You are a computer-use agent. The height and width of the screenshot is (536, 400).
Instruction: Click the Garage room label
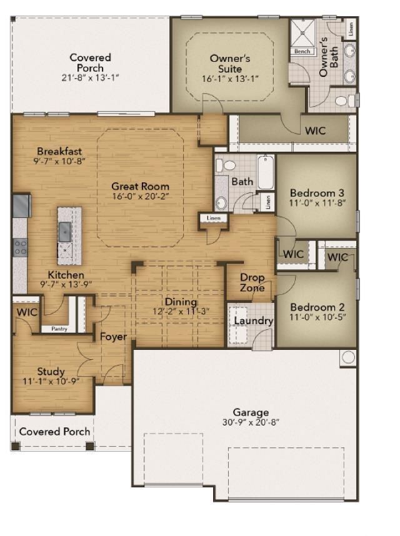click(251, 412)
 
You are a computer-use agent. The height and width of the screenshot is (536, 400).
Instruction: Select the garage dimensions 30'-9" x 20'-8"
click(251, 422)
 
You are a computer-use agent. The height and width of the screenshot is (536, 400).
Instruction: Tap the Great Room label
click(140, 186)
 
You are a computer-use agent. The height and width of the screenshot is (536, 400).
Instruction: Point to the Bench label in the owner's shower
click(302, 51)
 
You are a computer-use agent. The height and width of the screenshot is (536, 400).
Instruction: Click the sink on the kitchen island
click(65, 232)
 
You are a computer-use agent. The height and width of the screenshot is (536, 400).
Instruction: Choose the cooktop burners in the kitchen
click(21, 247)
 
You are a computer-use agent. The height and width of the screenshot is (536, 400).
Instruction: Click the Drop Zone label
click(252, 282)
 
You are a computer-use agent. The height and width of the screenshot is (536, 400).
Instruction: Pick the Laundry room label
click(254, 321)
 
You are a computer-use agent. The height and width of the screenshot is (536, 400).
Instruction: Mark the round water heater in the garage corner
click(347, 357)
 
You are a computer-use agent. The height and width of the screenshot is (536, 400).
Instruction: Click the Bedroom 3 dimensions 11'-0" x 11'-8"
click(317, 204)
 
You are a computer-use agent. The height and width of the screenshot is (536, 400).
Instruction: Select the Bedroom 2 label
click(317, 307)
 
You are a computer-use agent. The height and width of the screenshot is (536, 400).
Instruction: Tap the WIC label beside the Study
click(27, 311)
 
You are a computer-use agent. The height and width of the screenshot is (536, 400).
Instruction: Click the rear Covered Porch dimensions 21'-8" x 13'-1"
click(91, 77)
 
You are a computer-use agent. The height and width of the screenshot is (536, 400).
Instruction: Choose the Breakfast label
click(59, 151)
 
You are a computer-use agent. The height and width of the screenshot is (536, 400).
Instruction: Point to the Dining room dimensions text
click(181, 312)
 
